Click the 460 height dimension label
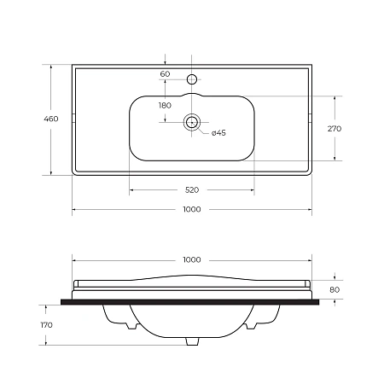pos(51,119)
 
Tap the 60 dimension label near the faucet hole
pos(165,74)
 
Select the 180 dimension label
pos(165,106)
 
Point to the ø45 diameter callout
pos(218,133)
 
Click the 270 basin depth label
pos(335,129)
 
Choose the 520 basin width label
pos(192,189)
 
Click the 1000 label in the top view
pos(192,209)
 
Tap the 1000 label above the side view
pos(192,259)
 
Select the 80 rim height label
pos(335,289)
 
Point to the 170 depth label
pos(46,325)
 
